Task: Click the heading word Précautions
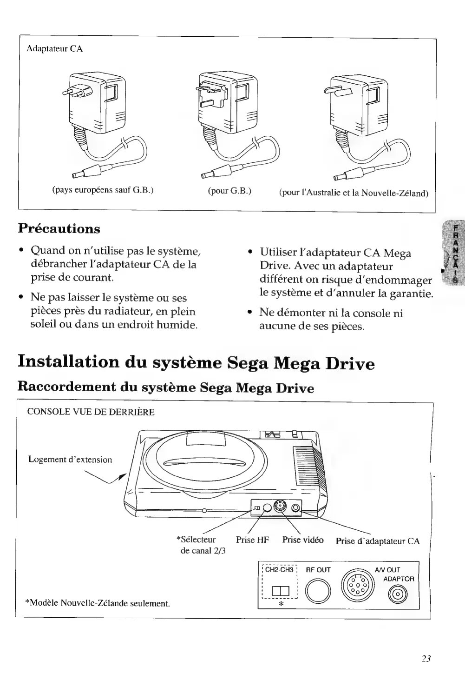click(x=59, y=229)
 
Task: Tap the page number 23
click(x=426, y=658)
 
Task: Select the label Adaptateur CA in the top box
click(x=55, y=49)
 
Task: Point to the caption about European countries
click(x=102, y=190)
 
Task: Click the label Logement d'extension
click(x=70, y=460)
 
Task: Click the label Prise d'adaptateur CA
click(x=377, y=541)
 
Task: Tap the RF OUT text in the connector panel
click(x=318, y=570)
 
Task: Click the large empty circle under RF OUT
click(x=317, y=591)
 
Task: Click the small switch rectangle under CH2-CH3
click(x=281, y=592)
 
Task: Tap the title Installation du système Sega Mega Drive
click(x=196, y=363)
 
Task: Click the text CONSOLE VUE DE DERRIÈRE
click(x=91, y=412)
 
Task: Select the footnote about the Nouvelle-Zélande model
click(x=97, y=603)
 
